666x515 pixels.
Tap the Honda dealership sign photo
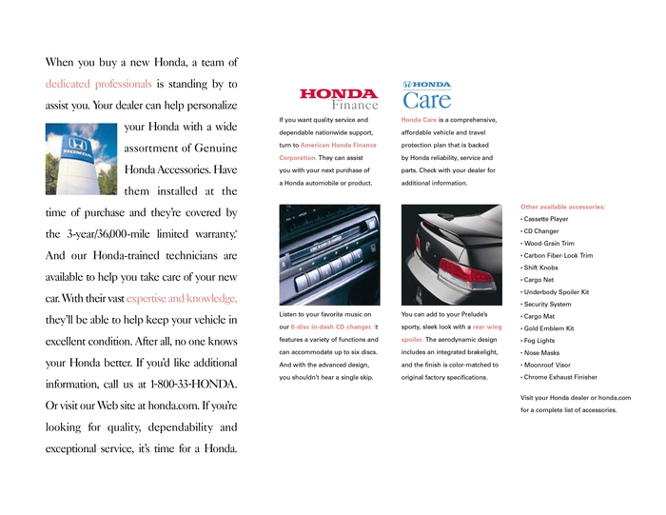[81, 156]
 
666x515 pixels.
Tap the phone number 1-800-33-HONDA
[194, 384]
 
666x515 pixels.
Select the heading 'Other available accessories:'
[563, 207]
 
